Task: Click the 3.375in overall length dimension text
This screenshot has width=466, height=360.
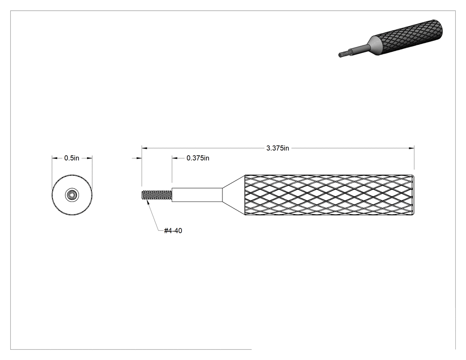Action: (x=277, y=148)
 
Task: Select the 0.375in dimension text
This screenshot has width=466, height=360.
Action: (x=197, y=158)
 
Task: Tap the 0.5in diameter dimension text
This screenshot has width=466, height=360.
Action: (x=71, y=158)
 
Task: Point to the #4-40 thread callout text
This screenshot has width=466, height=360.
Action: (x=173, y=231)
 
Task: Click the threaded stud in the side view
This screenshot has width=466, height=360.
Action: (x=157, y=195)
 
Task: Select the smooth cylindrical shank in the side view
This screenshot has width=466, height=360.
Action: (x=197, y=195)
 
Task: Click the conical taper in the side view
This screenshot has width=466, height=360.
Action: (x=234, y=195)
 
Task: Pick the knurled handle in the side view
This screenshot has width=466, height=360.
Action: (x=329, y=195)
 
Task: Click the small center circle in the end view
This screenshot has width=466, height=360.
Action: (x=71, y=195)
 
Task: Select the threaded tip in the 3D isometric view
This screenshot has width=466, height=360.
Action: (x=344, y=54)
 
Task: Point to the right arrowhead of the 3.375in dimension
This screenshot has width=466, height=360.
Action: (x=411, y=148)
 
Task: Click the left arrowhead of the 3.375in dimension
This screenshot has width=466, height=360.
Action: (x=144, y=148)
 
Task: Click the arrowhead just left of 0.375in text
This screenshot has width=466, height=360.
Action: (x=175, y=158)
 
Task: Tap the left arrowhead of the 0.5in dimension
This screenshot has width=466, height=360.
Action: (x=55, y=158)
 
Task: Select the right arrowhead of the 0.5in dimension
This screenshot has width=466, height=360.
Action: (x=90, y=158)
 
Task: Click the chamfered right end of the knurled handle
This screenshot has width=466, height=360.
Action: (x=413, y=195)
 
